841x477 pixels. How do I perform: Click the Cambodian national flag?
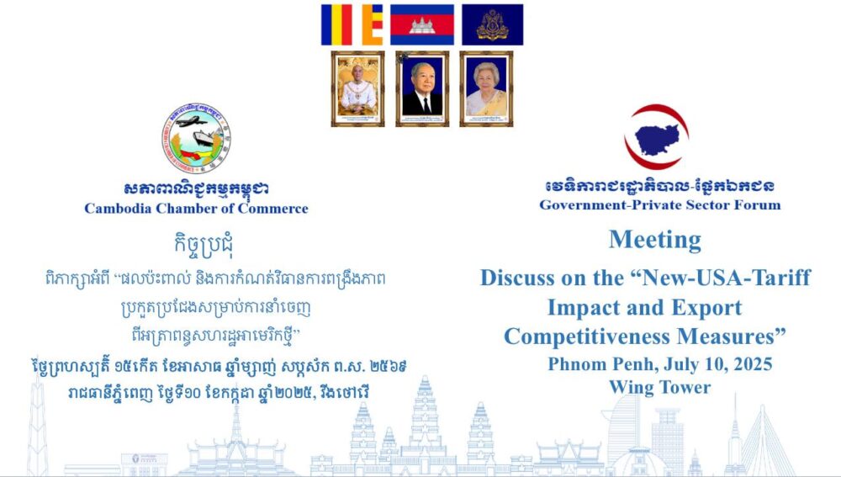point(421,24)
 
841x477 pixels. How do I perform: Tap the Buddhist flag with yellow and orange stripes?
point(352,24)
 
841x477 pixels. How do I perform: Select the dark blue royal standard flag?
point(492,24)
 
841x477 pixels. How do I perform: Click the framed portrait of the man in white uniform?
point(357,88)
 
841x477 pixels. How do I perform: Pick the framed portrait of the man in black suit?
point(422,88)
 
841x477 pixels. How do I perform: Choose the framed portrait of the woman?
point(486,88)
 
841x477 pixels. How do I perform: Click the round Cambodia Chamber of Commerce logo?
point(196,138)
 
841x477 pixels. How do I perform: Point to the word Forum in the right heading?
point(759,205)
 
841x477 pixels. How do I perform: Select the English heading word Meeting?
point(655,240)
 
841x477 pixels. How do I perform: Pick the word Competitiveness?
point(586,337)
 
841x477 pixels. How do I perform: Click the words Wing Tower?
point(659,387)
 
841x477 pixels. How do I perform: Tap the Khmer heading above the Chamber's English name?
point(196,188)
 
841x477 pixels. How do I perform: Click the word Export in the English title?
point(707,308)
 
